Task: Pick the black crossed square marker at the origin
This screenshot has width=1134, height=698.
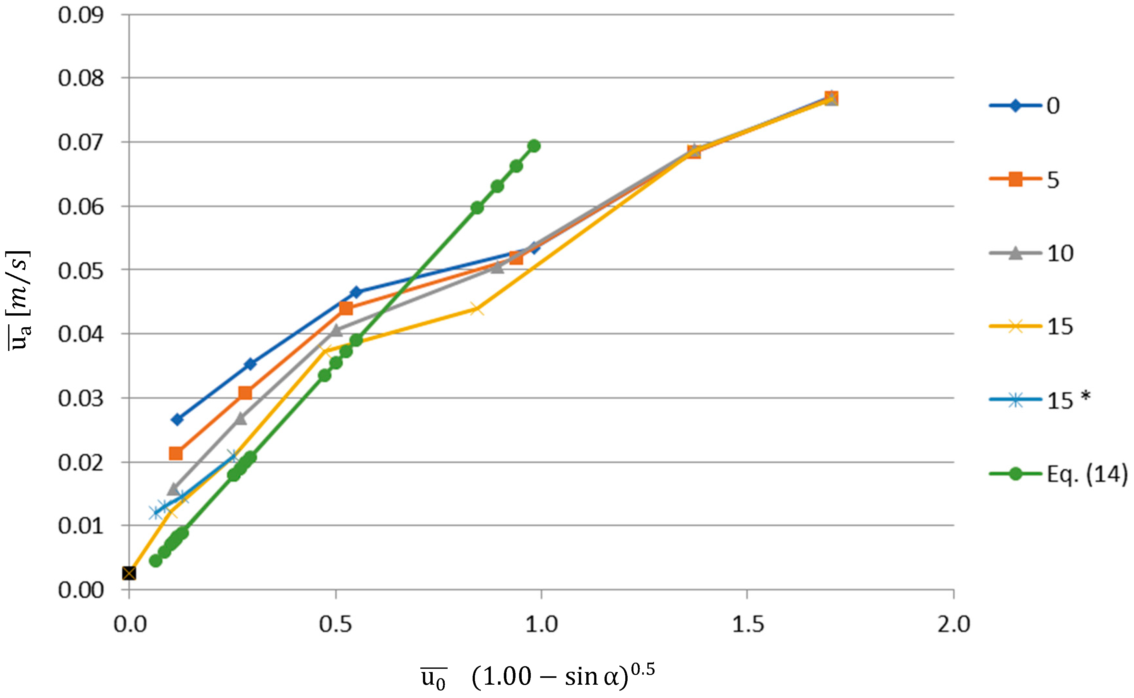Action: click(129, 573)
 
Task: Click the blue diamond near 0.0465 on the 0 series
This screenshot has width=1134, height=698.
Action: click(356, 292)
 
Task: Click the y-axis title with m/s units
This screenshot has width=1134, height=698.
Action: click(19, 300)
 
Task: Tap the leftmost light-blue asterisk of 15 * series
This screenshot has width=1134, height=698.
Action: click(156, 512)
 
